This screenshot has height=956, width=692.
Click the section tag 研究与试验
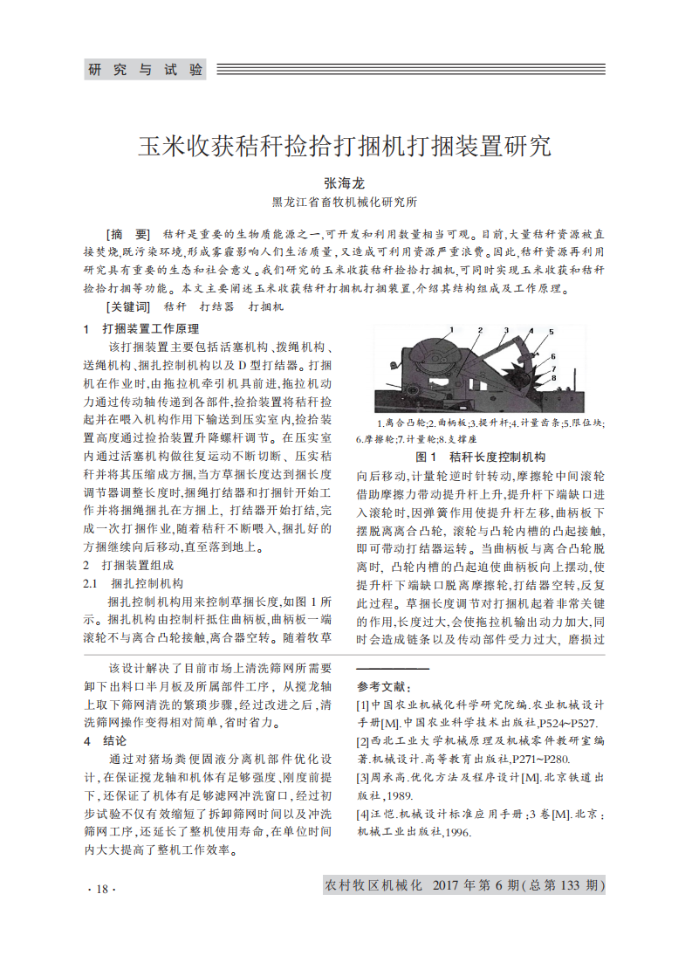[x=146, y=70]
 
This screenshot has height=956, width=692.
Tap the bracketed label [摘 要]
[x=127, y=236]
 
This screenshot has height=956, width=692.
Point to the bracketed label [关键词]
[x=127, y=306]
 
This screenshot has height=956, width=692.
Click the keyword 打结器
[x=216, y=306]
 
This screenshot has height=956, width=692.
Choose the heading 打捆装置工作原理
[x=150, y=329]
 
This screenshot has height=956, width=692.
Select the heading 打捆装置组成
[x=138, y=565]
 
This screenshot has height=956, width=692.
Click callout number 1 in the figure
[x=453, y=330]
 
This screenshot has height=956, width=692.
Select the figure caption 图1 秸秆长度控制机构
[x=481, y=457]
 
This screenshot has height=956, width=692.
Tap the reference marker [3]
[x=363, y=777]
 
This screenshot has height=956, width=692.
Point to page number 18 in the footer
[x=101, y=889]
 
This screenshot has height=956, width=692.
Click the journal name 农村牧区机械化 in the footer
[x=373, y=886]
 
